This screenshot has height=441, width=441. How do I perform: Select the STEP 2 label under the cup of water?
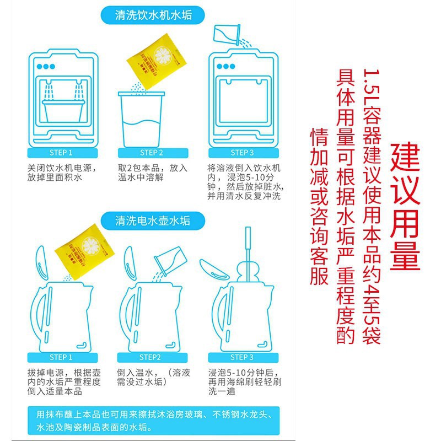(152, 153)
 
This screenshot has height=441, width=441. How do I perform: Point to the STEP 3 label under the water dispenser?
(243, 153)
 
